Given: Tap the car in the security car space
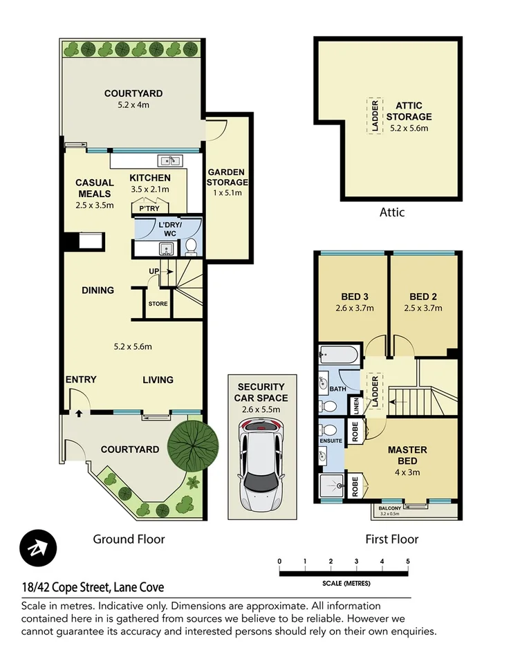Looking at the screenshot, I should (x=262, y=463).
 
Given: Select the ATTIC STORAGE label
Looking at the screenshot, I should (x=414, y=116).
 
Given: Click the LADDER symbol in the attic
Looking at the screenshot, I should (x=375, y=115).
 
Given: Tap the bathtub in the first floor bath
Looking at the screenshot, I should (x=339, y=356).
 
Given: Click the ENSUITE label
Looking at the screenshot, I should (x=331, y=440).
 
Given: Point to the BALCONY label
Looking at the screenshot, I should (x=392, y=507).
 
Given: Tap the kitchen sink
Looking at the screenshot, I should (x=170, y=162).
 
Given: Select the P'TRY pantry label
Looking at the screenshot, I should (x=149, y=208).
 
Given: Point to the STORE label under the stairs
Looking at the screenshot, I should (x=158, y=303).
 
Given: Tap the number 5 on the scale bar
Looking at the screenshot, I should (x=408, y=561).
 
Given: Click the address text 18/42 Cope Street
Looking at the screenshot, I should (x=92, y=587).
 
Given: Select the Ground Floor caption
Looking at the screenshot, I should (x=129, y=539).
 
